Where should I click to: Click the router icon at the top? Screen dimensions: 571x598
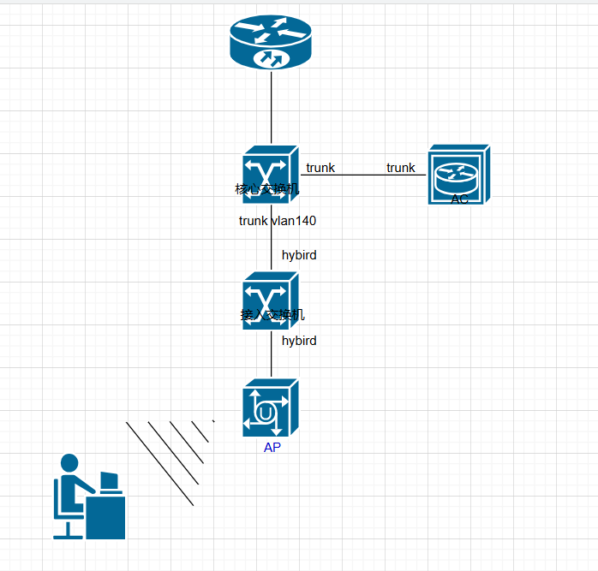pos(271,44)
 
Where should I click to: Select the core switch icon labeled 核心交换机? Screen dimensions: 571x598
pos(270,173)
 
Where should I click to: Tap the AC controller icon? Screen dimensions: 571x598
pos(458,175)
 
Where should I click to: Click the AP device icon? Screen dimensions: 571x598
pos(270,409)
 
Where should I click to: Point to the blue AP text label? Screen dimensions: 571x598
pos(272,448)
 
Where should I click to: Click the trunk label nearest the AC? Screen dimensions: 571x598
pos(400,168)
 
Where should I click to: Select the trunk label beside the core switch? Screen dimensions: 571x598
pos(320,168)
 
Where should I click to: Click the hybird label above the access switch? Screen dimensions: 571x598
pos(299,255)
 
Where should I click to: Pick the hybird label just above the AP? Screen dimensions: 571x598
pos(299,341)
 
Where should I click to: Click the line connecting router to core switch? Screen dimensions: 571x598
pos(271,107)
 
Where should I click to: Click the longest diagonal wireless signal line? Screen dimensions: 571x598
pos(159,463)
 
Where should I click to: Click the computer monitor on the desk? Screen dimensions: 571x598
pos(109,481)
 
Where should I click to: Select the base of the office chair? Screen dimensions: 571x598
pos(68,533)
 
